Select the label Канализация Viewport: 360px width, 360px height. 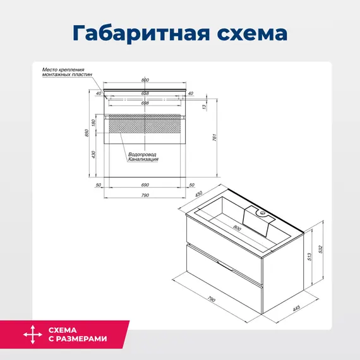pyautogui.click(x=143, y=160)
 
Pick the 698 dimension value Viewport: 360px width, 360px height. pyautogui.click(x=145, y=102)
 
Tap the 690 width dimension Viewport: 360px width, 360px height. pyautogui.click(x=145, y=184)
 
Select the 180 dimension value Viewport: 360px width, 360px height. pyautogui.click(x=93, y=122)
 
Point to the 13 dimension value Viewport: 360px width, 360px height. pyautogui.click(x=203, y=107)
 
